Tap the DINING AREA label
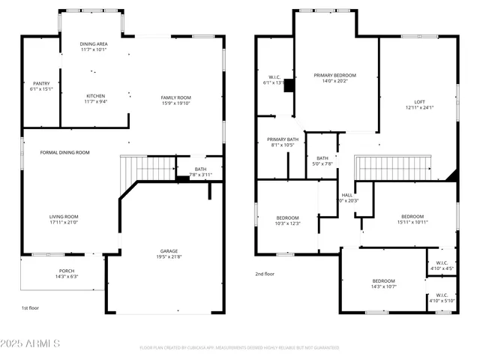pyautogui.click(x=94, y=44)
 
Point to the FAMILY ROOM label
pyautogui.click(x=175, y=97)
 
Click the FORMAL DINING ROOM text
pyautogui.click(x=64, y=152)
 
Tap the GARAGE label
pyautogui.click(x=169, y=252)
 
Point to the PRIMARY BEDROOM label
pyautogui.click(x=334, y=75)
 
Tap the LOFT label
pyautogui.click(x=419, y=102)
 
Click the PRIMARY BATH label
pyautogui.click(x=283, y=139)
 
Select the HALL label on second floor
pyautogui.click(x=347, y=195)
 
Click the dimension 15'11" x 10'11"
pyautogui.click(x=412, y=222)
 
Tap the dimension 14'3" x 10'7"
pyautogui.click(x=382, y=286)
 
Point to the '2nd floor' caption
pyautogui.click(x=265, y=274)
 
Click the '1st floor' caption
pyautogui.click(x=30, y=307)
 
